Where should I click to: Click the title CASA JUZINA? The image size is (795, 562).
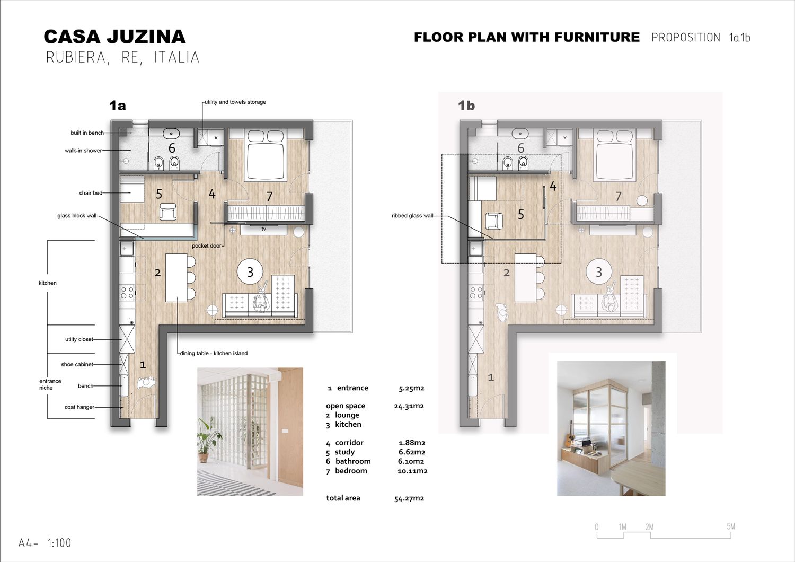[x=114, y=37]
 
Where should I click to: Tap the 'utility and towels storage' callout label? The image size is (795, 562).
[x=235, y=102]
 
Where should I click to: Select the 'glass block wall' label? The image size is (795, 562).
[x=77, y=215]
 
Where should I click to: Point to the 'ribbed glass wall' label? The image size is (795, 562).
[x=412, y=215]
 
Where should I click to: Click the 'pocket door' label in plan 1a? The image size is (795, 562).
[x=207, y=245]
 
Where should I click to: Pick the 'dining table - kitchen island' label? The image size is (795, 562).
[x=214, y=353]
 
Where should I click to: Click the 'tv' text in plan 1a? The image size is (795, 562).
[x=264, y=229]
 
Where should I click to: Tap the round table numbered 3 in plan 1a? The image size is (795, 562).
[x=250, y=271]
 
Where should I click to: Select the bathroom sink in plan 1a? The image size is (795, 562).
[x=171, y=134]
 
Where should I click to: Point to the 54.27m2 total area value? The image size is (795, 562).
[x=409, y=498]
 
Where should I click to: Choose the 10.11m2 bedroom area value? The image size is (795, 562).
[x=412, y=471]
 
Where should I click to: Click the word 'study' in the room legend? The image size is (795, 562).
[x=344, y=452]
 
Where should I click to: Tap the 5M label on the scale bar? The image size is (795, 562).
[x=731, y=526]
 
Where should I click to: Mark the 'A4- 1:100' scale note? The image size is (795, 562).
[x=45, y=543]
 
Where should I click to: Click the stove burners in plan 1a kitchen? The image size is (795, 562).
[x=127, y=293]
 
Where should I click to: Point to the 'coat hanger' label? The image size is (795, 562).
[x=79, y=407]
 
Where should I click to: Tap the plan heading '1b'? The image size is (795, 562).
[x=466, y=106]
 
